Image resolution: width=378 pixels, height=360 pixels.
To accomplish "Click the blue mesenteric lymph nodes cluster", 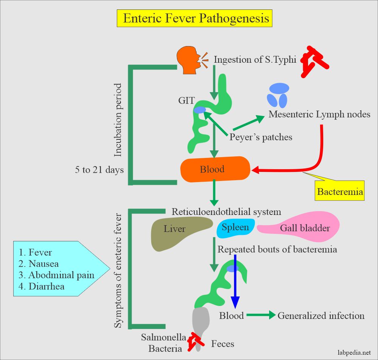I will (x=278, y=95).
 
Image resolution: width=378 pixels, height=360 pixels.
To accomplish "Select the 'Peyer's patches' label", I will (x=261, y=137).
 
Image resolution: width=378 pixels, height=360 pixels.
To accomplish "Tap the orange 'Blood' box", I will (x=215, y=170).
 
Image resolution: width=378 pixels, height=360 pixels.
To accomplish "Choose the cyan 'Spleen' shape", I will (x=235, y=228).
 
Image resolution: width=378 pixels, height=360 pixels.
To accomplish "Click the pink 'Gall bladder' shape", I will (x=302, y=227).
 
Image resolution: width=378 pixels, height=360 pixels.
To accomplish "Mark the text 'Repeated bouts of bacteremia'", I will (x=277, y=250).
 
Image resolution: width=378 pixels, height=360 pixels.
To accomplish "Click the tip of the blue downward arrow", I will (x=235, y=307).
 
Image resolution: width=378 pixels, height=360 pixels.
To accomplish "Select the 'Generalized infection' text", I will (x=321, y=316).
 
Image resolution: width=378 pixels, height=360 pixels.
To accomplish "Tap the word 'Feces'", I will (x=223, y=344).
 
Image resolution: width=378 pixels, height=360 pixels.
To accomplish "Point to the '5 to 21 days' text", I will (x=99, y=170).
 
